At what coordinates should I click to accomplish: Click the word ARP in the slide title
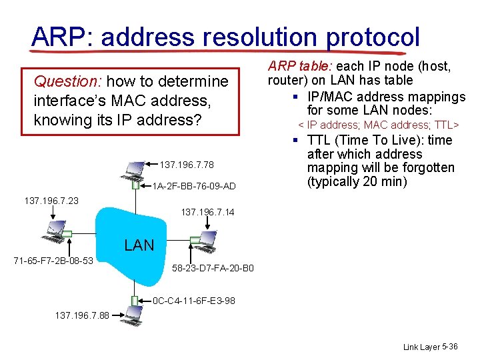[x=56, y=37]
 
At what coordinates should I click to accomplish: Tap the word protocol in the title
[x=373, y=37]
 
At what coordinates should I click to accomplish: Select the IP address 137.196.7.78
[x=187, y=165]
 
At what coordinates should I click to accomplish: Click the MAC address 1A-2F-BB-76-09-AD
[x=195, y=186]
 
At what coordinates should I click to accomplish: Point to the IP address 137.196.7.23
[x=51, y=199]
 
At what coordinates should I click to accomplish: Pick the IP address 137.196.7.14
[x=208, y=213]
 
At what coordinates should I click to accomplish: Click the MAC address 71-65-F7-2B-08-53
[x=53, y=259]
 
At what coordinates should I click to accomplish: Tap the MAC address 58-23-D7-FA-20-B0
[x=213, y=268]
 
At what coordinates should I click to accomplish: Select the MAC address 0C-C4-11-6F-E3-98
[x=194, y=301]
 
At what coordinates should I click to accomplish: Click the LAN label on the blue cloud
[x=139, y=245]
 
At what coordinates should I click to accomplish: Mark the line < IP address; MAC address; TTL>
[x=379, y=125]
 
